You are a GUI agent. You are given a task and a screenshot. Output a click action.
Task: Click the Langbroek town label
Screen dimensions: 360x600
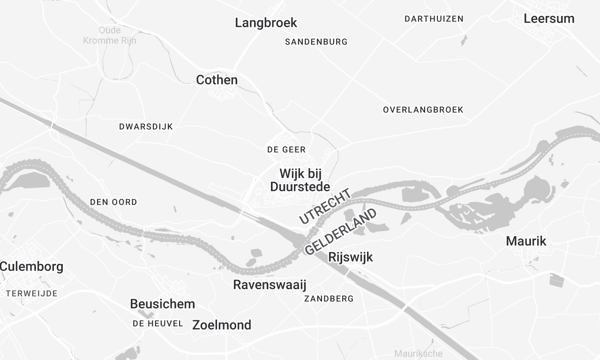pos(266,22)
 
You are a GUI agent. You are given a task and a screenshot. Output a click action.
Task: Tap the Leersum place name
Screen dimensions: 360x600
pos(549,18)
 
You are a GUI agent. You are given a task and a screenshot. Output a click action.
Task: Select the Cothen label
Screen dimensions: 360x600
pos(217,79)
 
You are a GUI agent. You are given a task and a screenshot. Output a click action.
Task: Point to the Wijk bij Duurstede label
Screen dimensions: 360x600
pos(300,180)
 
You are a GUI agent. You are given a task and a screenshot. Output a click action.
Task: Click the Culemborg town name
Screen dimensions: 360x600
pos(31,267)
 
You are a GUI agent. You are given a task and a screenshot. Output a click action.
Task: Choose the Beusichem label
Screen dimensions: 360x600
pos(163,303)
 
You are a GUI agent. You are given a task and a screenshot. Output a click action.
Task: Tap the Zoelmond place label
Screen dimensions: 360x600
pos(221,325)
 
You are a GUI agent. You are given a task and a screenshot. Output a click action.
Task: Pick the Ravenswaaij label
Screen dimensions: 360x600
pos(268,285)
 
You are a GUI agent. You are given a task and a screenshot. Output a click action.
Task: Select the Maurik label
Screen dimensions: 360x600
pos(526,241)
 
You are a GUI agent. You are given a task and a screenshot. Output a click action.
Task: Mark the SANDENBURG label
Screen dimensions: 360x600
pos(316,42)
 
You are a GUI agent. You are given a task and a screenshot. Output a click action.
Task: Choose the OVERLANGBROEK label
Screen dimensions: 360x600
pos(423,109)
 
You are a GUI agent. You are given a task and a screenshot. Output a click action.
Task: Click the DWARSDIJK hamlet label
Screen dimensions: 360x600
pos(147,127)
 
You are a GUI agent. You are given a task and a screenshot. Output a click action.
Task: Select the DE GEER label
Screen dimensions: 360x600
pos(286,149)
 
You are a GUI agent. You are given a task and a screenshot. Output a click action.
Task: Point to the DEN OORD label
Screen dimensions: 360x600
pos(113,202)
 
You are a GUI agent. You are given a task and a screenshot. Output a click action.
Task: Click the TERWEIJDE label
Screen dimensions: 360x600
pos(31,292)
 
